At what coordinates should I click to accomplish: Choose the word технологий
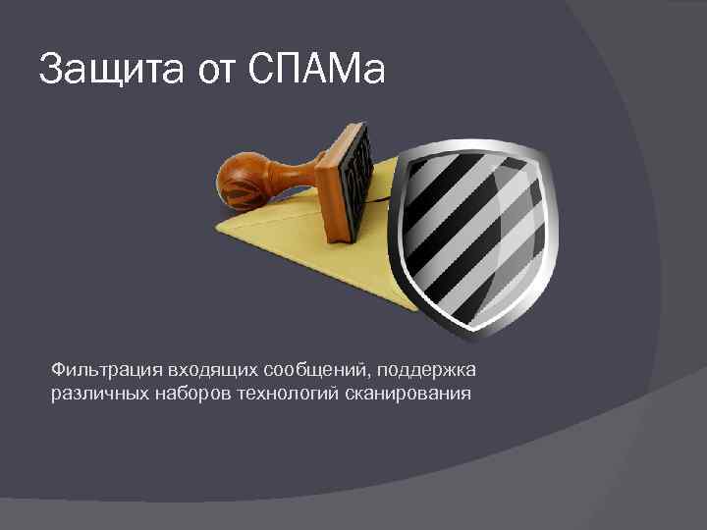pyautogui.click(x=277, y=394)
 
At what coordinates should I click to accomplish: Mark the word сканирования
pyautogui.click(x=400, y=394)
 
